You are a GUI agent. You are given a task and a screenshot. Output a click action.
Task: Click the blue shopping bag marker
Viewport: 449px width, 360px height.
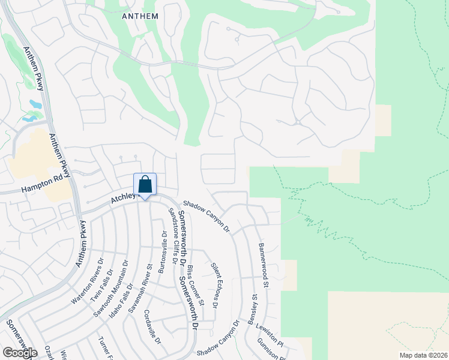(145, 185)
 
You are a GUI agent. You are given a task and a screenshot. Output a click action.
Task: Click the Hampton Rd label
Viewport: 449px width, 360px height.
(42, 187)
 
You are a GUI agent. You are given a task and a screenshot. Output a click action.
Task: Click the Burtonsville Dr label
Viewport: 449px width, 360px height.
(161, 252)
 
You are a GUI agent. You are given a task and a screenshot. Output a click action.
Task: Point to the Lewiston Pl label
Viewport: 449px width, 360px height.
(268, 335)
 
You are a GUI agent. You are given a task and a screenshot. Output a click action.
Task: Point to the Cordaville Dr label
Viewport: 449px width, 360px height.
(153, 326)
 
